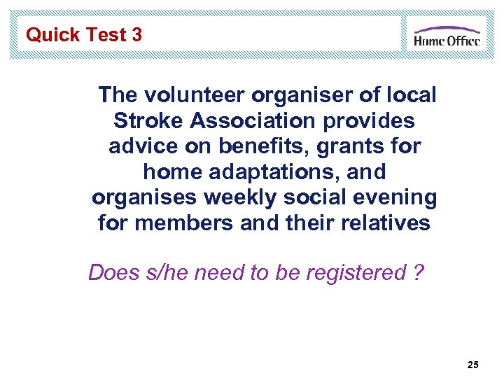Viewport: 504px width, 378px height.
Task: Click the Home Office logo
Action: [447, 36]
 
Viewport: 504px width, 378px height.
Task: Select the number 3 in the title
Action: [136, 35]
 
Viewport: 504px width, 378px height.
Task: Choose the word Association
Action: [251, 120]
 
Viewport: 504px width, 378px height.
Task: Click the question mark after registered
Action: [418, 272]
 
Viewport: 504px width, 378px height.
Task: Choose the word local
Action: [405, 94]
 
